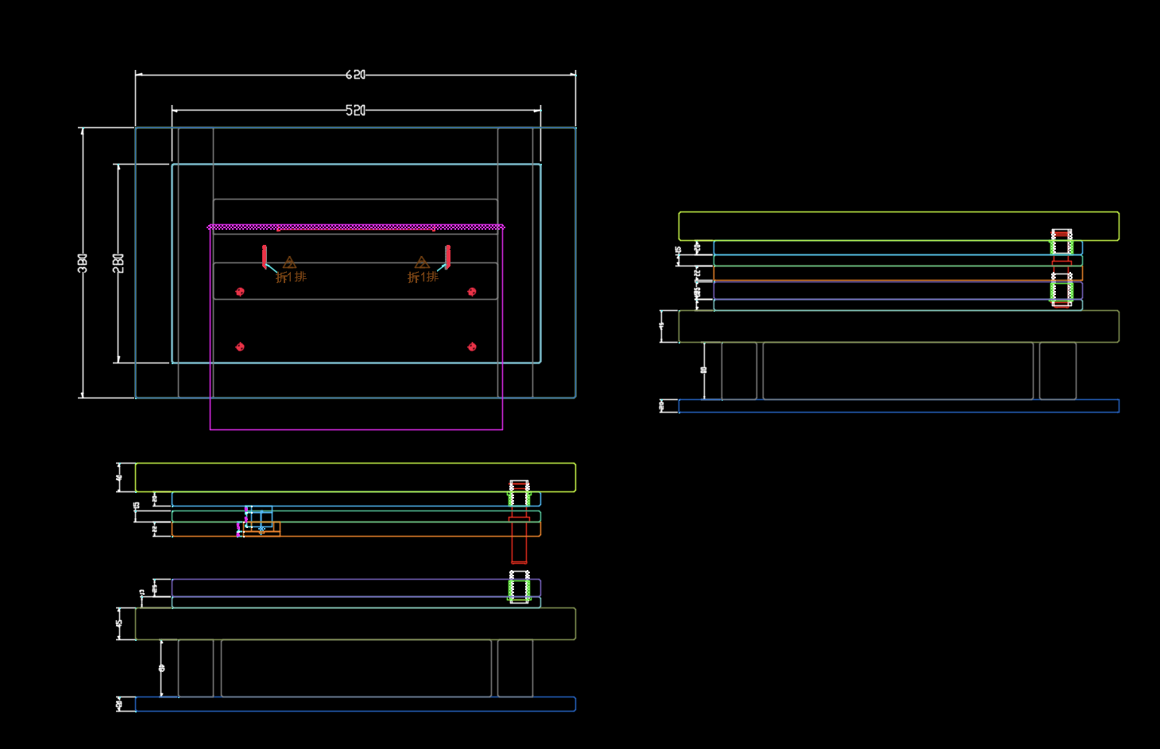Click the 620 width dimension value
[355, 75]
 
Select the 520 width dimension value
[355, 111]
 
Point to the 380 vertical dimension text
[83, 263]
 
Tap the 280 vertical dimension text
[118, 263]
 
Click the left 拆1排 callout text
[291, 277]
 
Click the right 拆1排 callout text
[423, 277]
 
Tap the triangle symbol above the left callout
[289, 262]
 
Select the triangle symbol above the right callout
[422, 262]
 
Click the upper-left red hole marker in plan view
[240, 292]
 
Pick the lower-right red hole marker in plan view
[472, 347]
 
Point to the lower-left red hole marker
[240, 347]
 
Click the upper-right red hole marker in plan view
[472, 292]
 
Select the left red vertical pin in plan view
[265, 256]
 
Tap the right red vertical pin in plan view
[448, 256]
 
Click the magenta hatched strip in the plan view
[355, 227]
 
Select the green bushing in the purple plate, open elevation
[519, 588]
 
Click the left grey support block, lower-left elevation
[195, 668]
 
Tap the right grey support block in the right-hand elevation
[1058, 371]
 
